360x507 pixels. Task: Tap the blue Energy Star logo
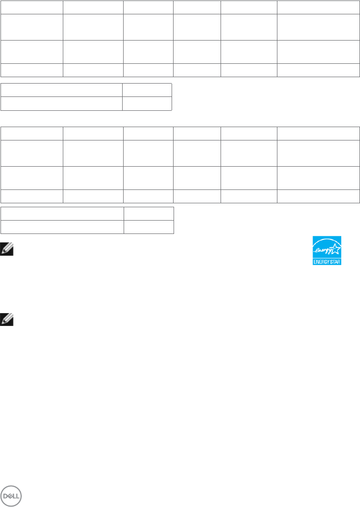pyautogui.click(x=327, y=250)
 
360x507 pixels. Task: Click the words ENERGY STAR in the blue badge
pyautogui.click(x=327, y=261)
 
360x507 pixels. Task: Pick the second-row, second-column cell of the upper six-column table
pyautogui.click(x=93, y=27)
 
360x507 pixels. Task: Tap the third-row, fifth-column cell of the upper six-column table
pyautogui.click(x=249, y=52)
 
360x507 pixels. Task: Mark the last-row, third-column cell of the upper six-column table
pyautogui.click(x=148, y=70)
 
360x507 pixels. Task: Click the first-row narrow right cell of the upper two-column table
pyautogui.click(x=147, y=90)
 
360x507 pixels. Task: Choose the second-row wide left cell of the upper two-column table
pyautogui.click(x=61, y=103)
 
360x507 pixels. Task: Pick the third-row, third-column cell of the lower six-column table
pyautogui.click(x=148, y=178)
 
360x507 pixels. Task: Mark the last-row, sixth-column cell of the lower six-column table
pyautogui.click(x=318, y=196)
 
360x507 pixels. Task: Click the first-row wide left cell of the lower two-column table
pyautogui.click(x=62, y=213)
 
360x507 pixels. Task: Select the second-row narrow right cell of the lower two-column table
pyautogui.click(x=149, y=227)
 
